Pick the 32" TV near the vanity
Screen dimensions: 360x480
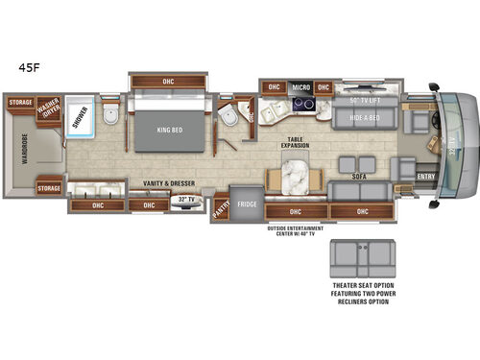click(x=183, y=200)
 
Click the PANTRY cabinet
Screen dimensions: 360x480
click(x=221, y=205)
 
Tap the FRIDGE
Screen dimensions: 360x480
click(x=244, y=204)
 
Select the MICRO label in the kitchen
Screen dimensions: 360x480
click(x=300, y=86)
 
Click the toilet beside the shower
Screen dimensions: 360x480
click(x=109, y=117)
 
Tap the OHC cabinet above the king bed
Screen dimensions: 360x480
click(x=170, y=81)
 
